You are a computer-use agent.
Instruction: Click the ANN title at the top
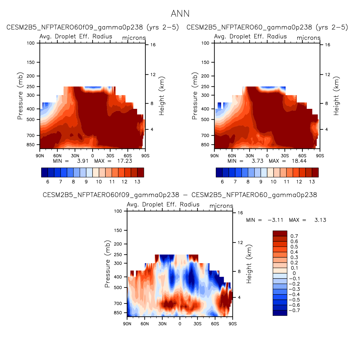[180, 14]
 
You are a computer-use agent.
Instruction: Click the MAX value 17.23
[125, 161]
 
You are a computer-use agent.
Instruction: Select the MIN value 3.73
[257, 161]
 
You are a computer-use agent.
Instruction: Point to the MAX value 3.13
[320, 220]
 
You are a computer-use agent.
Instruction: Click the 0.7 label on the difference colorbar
[294, 236]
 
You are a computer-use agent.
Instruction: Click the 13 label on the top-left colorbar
[137, 182]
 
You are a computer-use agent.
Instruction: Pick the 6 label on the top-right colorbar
[222, 182]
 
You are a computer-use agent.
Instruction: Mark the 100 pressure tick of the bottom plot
[118, 211]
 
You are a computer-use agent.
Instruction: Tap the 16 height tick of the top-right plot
[327, 45]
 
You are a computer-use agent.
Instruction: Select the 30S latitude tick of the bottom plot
[197, 324]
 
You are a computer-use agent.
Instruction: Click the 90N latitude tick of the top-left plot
[40, 156]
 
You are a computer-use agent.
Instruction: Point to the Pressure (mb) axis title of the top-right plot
[194, 96]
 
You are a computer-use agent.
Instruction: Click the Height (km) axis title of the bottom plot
[249, 264]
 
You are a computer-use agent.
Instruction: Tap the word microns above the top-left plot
[134, 38]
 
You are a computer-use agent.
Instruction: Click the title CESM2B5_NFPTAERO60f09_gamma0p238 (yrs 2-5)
[93, 27]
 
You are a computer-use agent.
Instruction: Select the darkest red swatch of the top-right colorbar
[315, 172]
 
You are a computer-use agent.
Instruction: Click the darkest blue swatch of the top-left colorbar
[45, 172]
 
